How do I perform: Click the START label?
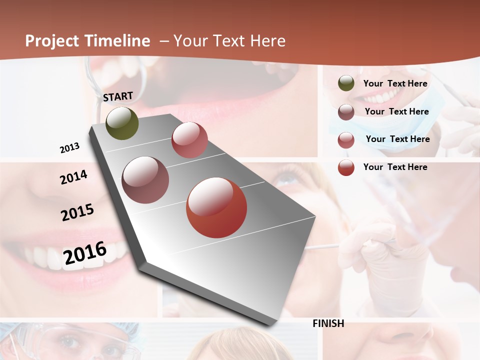118,96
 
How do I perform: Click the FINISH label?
328,323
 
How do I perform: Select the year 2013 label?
69,148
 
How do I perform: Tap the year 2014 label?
73,177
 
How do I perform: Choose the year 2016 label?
85,252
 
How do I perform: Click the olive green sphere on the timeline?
122,123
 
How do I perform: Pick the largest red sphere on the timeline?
216,207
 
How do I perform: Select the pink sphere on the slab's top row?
189,140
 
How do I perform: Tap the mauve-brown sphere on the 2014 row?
145,180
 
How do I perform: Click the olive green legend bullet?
346,83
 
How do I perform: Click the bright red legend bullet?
346,167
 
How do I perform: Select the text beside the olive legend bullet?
395,83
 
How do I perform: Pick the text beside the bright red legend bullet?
395,167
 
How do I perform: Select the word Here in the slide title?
267,41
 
